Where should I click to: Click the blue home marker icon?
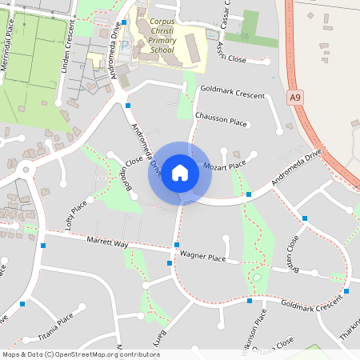(180, 173)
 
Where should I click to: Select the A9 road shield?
(296, 97)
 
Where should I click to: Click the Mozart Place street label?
(225, 166)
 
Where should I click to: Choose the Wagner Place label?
(202, 257)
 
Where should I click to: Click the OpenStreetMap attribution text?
(81, 354)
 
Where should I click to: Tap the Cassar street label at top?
(227, 12)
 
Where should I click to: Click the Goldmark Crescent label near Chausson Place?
(233, 94)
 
